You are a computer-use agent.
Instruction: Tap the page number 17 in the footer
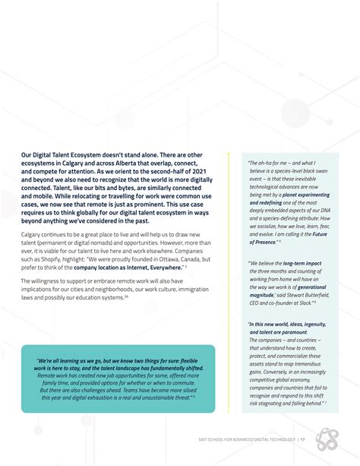click(302, 439)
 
